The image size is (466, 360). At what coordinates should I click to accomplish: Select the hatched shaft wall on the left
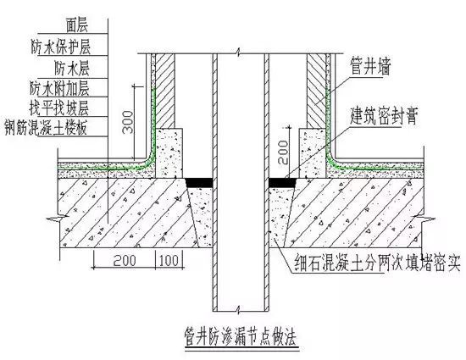[x=165, y=89]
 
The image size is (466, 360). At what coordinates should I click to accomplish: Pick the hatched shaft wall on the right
[x=316, y=89]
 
